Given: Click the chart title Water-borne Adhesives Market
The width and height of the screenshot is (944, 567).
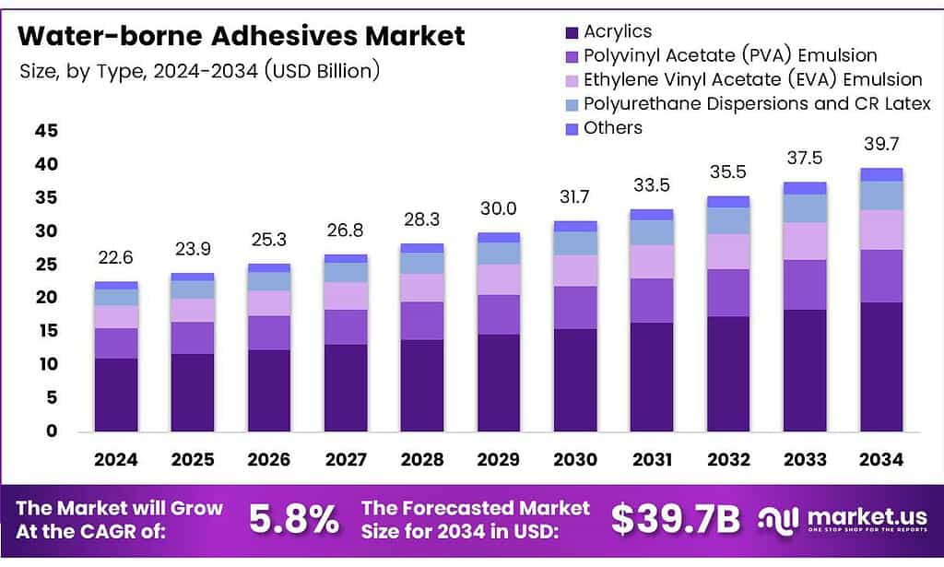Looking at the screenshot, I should coord(242,37).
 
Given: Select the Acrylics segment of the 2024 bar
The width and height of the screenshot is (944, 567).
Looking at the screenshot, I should coord(116,395).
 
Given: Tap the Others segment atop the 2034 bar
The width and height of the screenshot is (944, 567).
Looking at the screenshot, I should coord(880,174).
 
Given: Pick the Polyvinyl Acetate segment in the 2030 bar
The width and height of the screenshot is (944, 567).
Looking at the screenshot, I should coord(574,308).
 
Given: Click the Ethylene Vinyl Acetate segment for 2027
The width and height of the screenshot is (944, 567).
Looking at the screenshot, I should coord(346,296).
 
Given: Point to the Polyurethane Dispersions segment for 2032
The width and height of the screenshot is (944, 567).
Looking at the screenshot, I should coord(727,220).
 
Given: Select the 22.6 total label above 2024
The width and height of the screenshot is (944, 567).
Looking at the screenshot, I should coord(116,258).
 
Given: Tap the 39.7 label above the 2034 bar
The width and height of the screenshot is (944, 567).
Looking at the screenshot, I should coord(880,145).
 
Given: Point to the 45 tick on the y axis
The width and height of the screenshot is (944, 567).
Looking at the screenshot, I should coord(46,131).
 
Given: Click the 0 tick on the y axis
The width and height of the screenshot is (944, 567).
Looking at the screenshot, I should coord(53,431).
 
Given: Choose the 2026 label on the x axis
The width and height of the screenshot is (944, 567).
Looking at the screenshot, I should coord(269,459).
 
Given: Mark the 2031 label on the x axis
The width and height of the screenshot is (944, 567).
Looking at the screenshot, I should coord(651,459).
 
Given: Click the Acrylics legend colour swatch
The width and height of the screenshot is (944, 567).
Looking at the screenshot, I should coord(571,32).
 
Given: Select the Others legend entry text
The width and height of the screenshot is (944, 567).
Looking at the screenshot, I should coord(613,127).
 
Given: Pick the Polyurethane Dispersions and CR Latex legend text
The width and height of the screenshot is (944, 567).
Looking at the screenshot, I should coord(757,103).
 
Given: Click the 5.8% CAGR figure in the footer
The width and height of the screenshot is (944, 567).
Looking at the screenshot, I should coord(294,521).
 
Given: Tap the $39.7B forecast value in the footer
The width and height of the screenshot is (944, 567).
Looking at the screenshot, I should coord(676,521).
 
